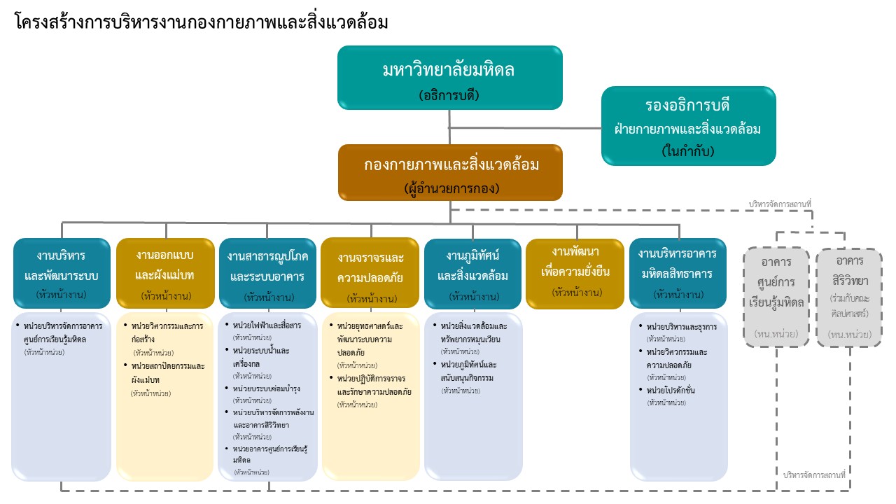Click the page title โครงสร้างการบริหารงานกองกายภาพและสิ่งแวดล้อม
(x=202, y=22)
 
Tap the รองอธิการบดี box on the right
(x=689, y=126)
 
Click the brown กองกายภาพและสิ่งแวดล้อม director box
(x=450, y=172)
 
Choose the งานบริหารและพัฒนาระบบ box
(x=62, y=273)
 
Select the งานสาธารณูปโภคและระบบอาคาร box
(x=267, y=273)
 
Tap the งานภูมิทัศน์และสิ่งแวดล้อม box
(x=472, y=273)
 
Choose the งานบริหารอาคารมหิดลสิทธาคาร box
(x=677, y=273)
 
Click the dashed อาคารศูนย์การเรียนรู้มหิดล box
(x=776, y=297)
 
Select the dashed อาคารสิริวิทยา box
(x=849, y=297)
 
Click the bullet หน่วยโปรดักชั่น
(x=671, y=390)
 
